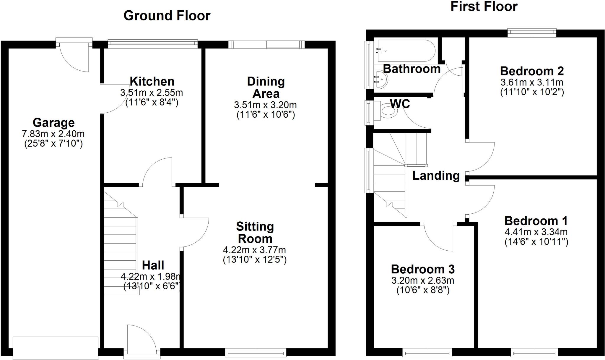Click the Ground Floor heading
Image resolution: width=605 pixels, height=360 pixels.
click(x=167, y=16)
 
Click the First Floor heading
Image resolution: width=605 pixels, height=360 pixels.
click(x=484, y=7)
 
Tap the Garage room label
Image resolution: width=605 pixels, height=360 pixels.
click(x=53, y=122)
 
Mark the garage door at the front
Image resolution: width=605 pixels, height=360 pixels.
click(x=56, y=348)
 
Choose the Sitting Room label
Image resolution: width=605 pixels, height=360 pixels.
click(x=255, y=233)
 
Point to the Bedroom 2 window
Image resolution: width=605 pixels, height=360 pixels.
click(x=532, y=33)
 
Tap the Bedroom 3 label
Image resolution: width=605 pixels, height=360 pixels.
click(x=423, y=269)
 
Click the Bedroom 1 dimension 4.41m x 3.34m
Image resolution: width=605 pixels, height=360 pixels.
click(x=536, y=232)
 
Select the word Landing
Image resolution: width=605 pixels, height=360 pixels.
click(x=436, y=176)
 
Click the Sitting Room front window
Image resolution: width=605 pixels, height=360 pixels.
click(x=256, y=352)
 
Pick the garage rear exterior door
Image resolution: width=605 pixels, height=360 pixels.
click(x=74, y=56)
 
